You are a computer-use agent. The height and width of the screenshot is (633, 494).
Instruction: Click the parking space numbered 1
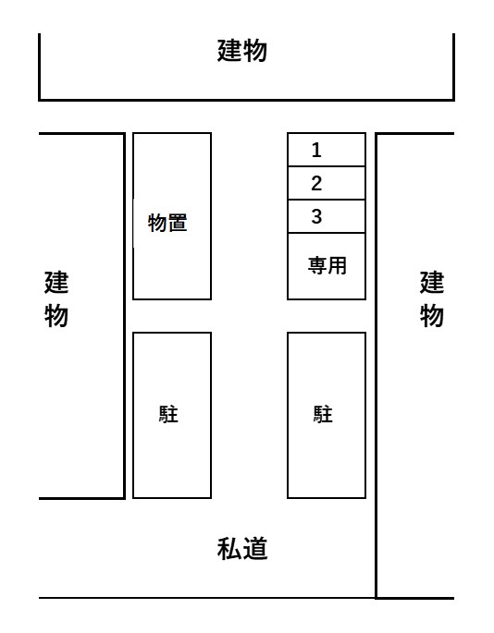pos(327,150)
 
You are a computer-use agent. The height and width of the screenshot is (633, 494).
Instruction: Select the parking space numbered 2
pos(327,183)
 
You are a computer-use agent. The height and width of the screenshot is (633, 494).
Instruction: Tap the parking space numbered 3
pos(327,216)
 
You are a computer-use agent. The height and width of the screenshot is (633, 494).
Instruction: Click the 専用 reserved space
pos(327,266)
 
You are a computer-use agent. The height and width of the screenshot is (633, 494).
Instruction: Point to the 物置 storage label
pos(167,223)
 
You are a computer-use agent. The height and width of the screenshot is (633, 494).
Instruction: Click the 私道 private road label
pos(242,549)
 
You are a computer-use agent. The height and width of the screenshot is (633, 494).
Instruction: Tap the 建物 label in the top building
pos(242,51)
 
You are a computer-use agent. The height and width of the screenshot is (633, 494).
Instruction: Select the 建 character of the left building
pos(56,282)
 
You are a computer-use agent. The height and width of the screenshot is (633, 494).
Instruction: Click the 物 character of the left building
pos(56,315)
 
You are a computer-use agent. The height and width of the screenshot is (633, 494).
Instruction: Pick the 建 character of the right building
pos(432,282)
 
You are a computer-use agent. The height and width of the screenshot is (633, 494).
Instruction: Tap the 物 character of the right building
pos(432,315)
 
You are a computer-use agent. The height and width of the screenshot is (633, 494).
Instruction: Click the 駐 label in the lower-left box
pos(168,414)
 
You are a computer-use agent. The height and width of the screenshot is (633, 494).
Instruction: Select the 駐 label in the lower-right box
pos(323,414)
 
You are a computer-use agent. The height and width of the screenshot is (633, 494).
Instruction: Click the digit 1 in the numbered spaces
pos(316,150)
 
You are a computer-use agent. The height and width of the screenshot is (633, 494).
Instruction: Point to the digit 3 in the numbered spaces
pos(316,216)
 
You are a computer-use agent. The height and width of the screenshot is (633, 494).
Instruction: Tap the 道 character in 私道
pos(255,549)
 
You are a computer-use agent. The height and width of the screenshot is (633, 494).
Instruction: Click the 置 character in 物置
pos(178,223)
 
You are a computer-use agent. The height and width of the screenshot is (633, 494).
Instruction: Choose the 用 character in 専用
pos(338,265)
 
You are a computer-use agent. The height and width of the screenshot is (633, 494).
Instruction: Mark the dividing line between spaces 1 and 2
pos(327,166)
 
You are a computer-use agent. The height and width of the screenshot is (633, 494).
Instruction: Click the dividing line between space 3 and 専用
pos(327,233)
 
